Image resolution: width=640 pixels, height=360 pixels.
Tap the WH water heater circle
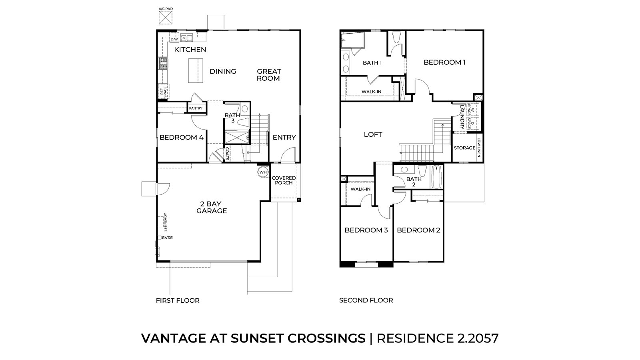263,172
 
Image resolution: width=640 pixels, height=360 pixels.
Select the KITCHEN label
190,50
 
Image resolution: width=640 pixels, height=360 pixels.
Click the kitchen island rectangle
196,71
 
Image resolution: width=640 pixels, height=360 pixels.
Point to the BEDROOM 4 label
182,138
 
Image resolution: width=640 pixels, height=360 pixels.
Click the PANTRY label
196,108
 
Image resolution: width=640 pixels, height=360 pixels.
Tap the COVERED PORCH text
284,180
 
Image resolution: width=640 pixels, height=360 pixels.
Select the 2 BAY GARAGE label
212,207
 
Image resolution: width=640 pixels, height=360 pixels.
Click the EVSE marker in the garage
160,238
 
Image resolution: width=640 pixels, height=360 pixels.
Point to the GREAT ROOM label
269,75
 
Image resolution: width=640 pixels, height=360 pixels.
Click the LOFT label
373,135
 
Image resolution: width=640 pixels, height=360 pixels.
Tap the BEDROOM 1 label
444,62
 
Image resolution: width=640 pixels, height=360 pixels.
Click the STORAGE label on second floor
464,148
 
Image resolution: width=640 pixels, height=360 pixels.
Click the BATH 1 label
372,63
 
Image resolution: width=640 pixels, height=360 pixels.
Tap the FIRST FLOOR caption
178,300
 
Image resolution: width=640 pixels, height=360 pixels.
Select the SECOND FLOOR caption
366,300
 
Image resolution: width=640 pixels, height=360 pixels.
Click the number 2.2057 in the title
478,338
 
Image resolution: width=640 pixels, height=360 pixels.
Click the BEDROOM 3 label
366,230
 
